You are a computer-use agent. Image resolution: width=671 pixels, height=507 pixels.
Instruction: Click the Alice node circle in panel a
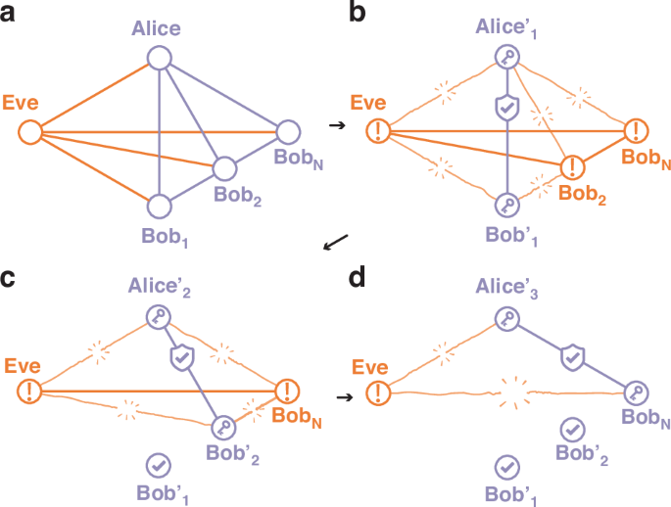tap(159, 58)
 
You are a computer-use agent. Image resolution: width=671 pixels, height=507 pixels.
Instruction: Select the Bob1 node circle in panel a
tap(159, 206)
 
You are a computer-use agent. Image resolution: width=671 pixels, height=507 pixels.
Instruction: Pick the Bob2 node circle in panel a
tap(224, 167)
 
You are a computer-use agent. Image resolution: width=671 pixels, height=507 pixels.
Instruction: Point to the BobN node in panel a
tap(289, 130)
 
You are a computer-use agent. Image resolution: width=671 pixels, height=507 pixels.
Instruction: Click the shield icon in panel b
tap(505, 109)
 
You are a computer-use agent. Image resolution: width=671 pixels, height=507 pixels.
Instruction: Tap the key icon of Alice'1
tap(505, 57)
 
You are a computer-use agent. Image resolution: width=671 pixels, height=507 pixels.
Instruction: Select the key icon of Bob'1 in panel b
tap(505, 205)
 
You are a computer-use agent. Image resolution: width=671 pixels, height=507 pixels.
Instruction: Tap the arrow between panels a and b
tap(335, 126)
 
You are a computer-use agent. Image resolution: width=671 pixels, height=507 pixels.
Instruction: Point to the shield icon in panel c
tap(181, 359)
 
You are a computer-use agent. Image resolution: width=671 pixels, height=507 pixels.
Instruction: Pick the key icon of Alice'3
tap(505, 318)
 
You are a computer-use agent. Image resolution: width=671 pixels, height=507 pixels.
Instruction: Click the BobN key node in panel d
tap(637, 392)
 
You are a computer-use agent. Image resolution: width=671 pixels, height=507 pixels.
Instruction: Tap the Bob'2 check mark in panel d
tap(572, 429)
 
